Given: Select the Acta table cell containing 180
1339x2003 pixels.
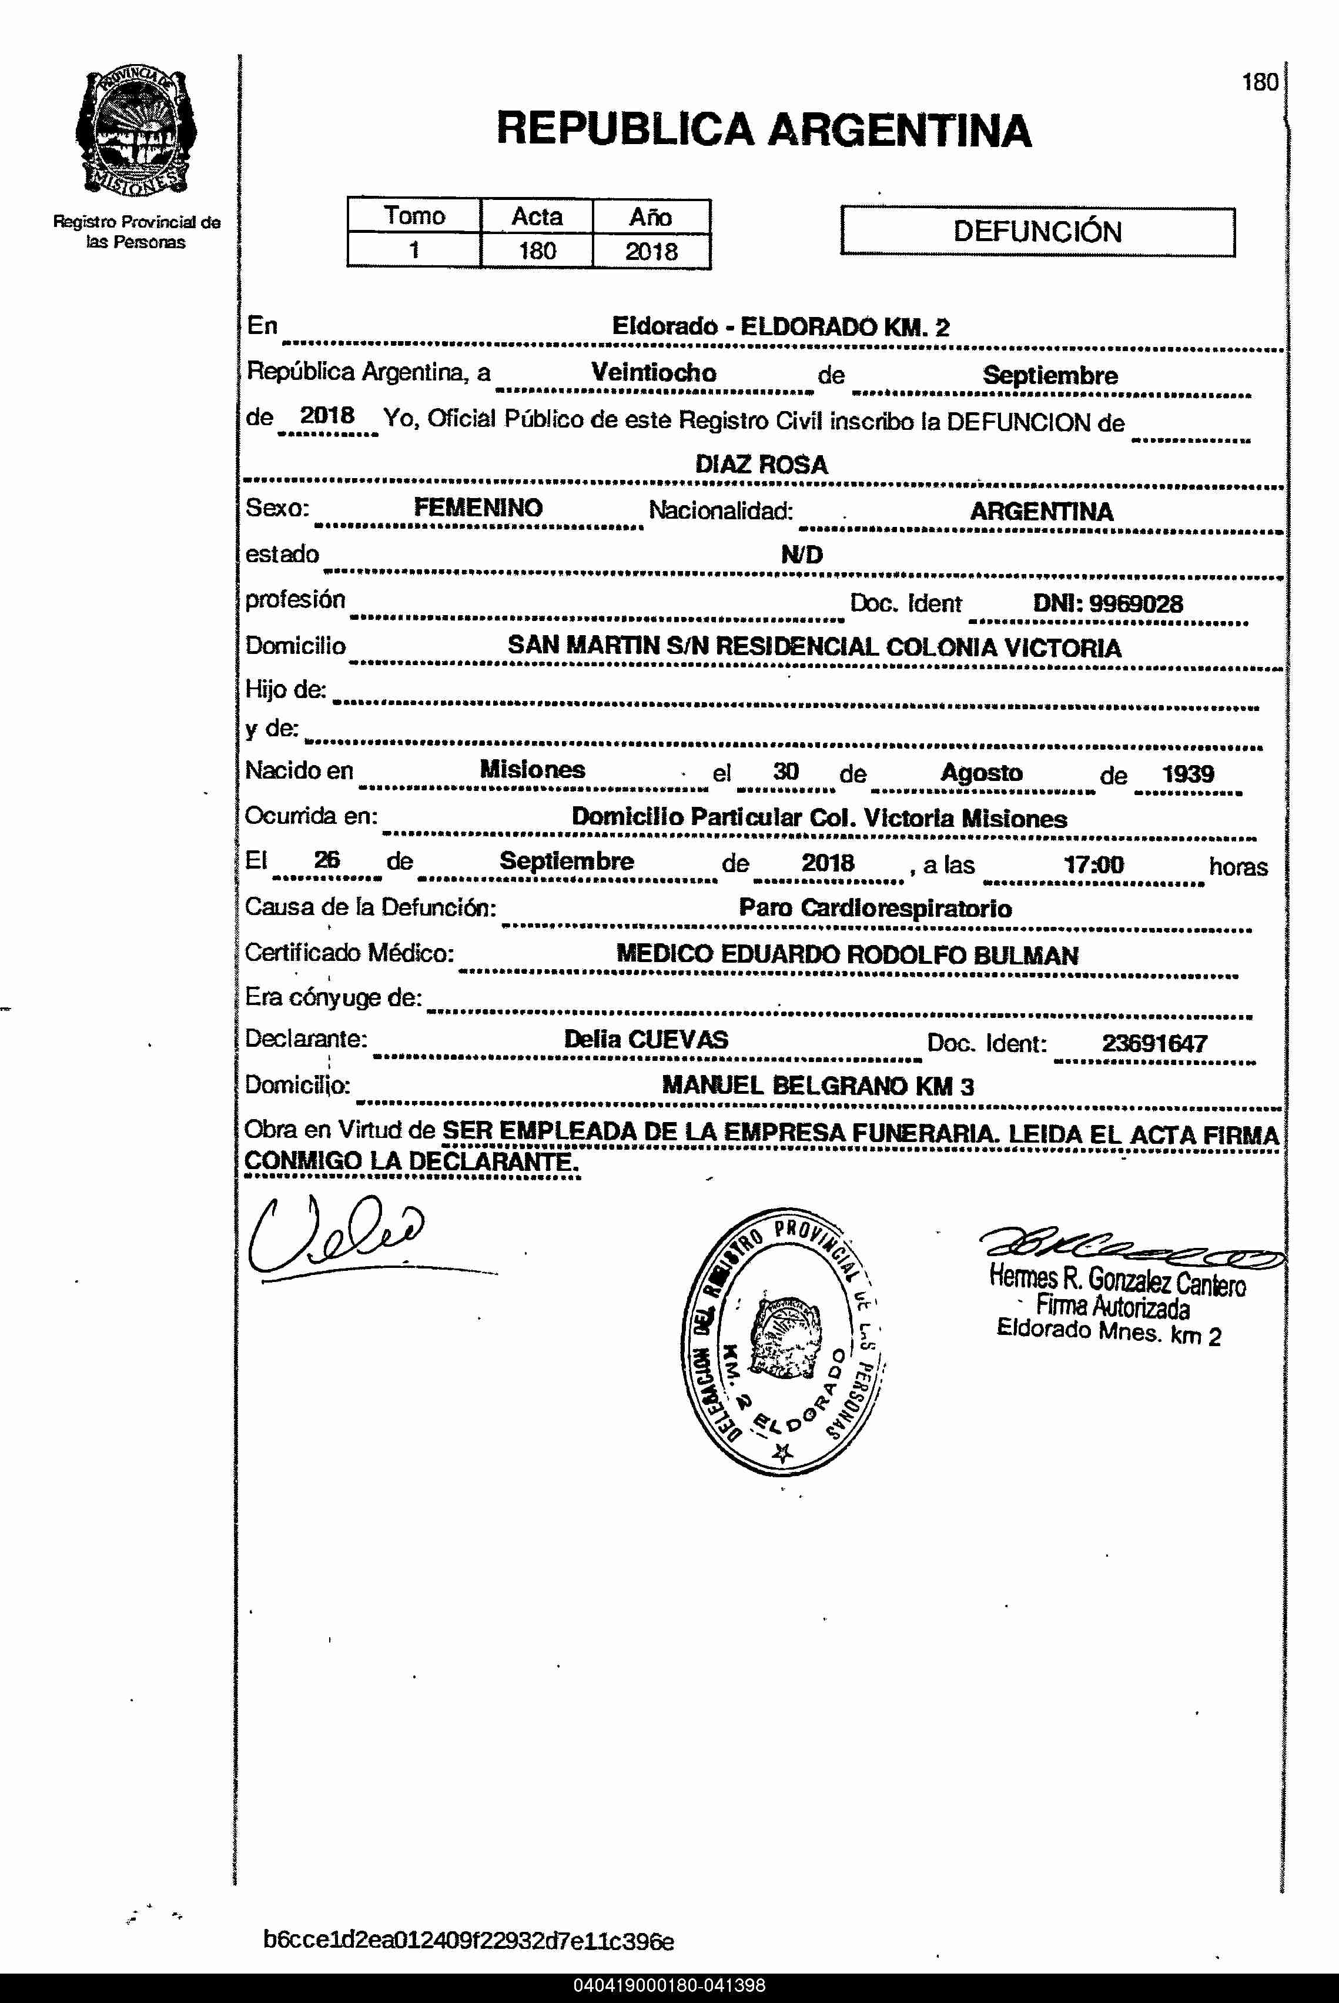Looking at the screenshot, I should [x=536, y=251].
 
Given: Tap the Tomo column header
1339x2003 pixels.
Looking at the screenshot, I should [x=414, y=215].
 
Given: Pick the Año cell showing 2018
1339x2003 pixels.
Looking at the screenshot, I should [x=651, y=251].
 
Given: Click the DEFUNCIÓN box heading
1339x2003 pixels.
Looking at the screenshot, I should [x=1037, y=232].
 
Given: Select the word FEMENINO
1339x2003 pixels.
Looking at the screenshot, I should [x=478, y=508].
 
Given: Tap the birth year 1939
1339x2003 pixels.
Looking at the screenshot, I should [x=1187, y=774].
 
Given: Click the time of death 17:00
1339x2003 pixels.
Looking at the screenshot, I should [x=1093, y=864].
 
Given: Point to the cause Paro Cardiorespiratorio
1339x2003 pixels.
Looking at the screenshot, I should [x=875, y=908].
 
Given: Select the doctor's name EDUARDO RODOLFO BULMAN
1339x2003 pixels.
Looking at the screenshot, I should [x=898, y=955].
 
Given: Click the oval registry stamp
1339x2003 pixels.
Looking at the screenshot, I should [x=782, y=1340].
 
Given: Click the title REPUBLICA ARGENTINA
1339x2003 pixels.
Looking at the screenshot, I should [x=764, y=130].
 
